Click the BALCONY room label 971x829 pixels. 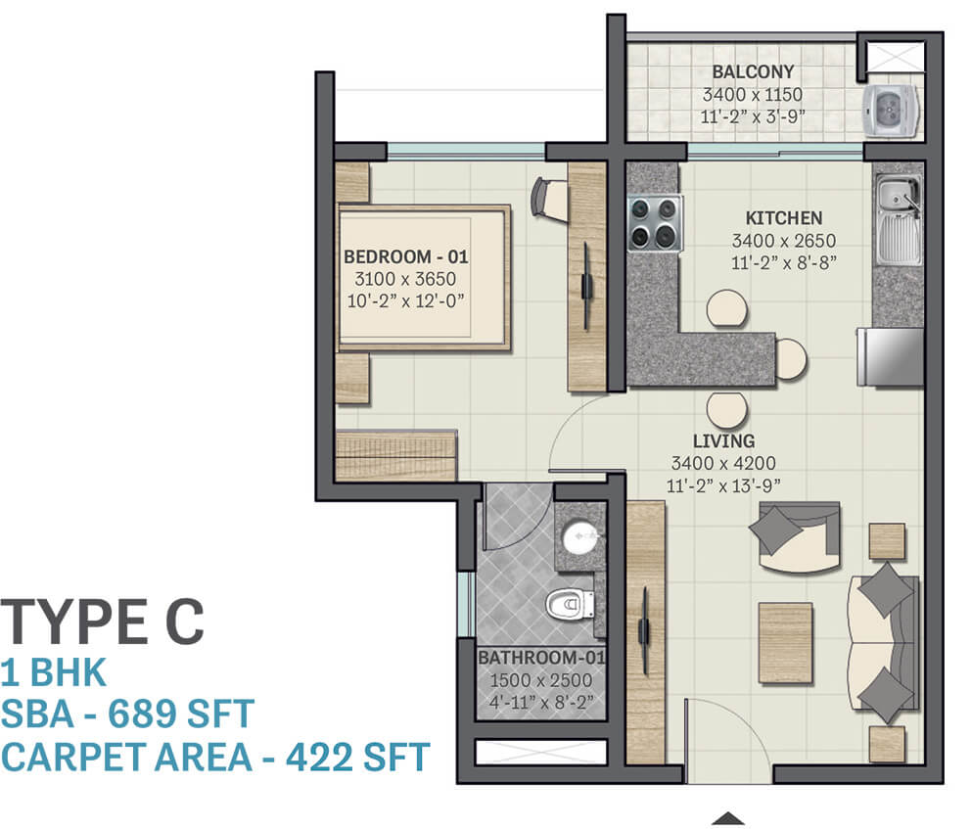click(753, 71)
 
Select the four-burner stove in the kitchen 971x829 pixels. click(655, 223)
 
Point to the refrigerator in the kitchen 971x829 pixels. click(891, 357)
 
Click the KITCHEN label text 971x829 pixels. click(783, 218)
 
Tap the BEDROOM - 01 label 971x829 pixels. click(405, 256)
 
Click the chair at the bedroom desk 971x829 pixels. click(549, 198)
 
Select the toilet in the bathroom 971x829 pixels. click(570, 604)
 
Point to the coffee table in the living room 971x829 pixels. click(785, 643)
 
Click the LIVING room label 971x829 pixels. click(723, 440)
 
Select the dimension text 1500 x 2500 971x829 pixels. click(540, 680)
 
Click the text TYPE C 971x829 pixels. click(102, 621)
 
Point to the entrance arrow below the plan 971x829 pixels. click(727, 818)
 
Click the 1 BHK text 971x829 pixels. click(53, 672)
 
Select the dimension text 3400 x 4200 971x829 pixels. click(723, 463)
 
